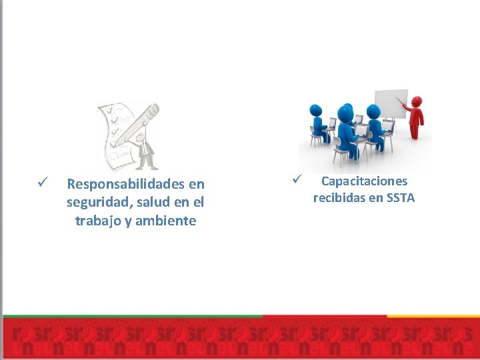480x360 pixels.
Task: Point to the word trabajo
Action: coord(98,221)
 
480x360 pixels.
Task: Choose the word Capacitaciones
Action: coord(364,181)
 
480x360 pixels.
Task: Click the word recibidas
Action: coord(339,197)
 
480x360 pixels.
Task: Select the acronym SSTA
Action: coord(400,197)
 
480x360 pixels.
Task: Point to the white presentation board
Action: coord(391,103)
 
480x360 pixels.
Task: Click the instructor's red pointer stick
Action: coord(402,104)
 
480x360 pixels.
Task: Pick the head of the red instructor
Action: coord(417,101)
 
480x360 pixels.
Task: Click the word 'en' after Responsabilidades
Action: coord(196,183)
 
